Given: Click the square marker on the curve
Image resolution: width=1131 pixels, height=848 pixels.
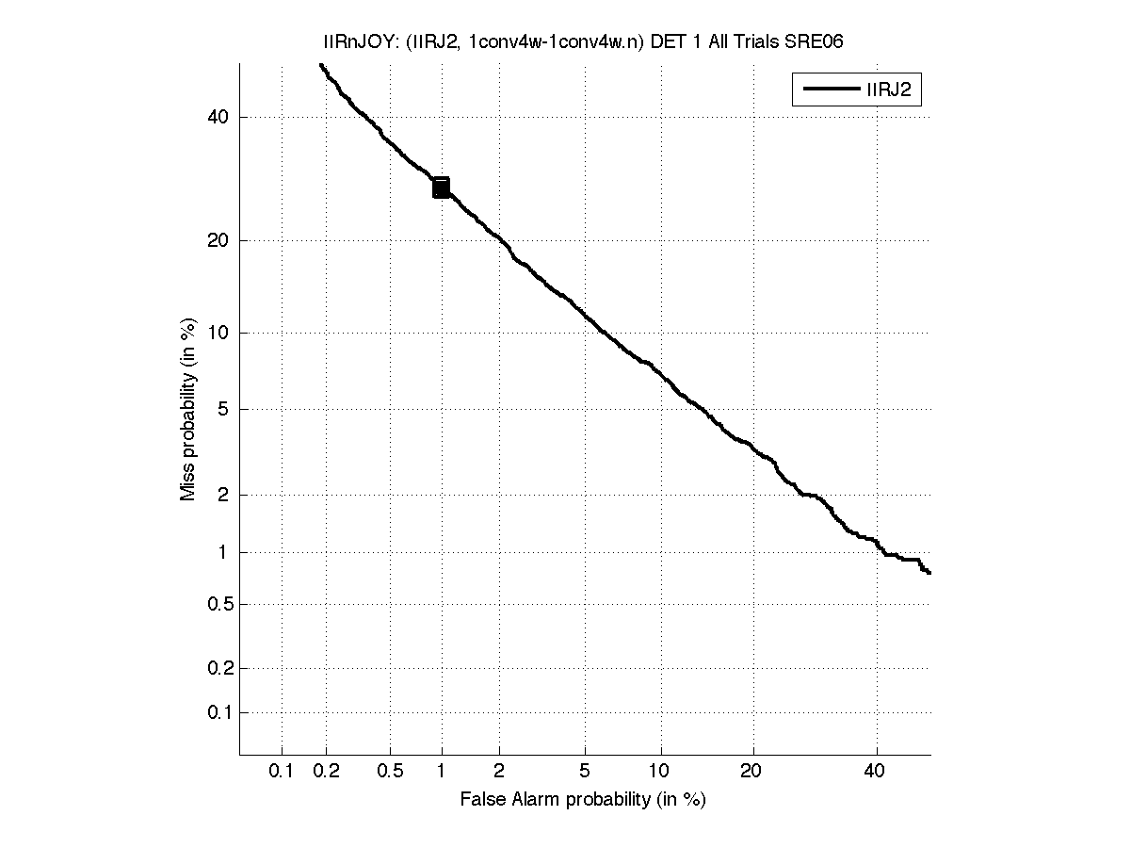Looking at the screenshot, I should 441,188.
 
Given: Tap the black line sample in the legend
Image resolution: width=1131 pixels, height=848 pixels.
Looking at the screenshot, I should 828,90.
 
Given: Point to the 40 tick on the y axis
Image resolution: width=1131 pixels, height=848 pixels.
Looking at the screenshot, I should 219,117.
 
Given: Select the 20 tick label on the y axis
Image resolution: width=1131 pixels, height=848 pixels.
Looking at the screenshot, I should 219,240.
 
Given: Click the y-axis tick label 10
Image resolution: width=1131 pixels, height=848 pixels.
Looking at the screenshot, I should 219,333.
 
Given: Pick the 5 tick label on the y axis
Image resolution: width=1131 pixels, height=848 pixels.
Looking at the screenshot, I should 224,409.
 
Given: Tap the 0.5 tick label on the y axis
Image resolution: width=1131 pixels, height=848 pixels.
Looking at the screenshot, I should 218,604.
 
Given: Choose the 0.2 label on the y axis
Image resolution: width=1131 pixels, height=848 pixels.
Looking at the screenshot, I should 218,668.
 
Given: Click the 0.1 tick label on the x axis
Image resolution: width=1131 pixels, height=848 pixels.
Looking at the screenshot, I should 282,772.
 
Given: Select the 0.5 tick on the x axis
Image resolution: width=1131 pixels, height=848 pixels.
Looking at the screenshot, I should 391,772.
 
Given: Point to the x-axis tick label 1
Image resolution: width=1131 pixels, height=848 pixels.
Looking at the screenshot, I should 441,772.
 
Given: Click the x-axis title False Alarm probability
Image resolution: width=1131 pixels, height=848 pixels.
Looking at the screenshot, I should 583,800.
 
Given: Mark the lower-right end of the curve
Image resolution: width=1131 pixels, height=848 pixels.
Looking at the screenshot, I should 929,572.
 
